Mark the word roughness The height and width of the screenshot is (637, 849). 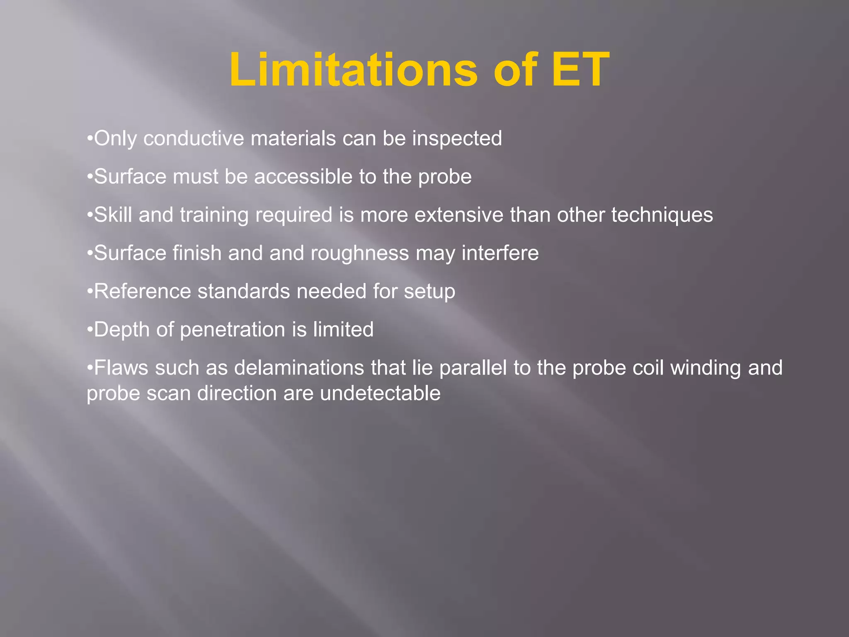(x=360, y=253)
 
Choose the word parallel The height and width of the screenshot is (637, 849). (x=473, y=368)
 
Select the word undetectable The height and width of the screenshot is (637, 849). (x=380, y=393)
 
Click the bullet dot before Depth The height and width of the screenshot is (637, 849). (x=90, y=330)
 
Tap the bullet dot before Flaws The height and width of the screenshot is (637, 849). (x=90, y=368)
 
